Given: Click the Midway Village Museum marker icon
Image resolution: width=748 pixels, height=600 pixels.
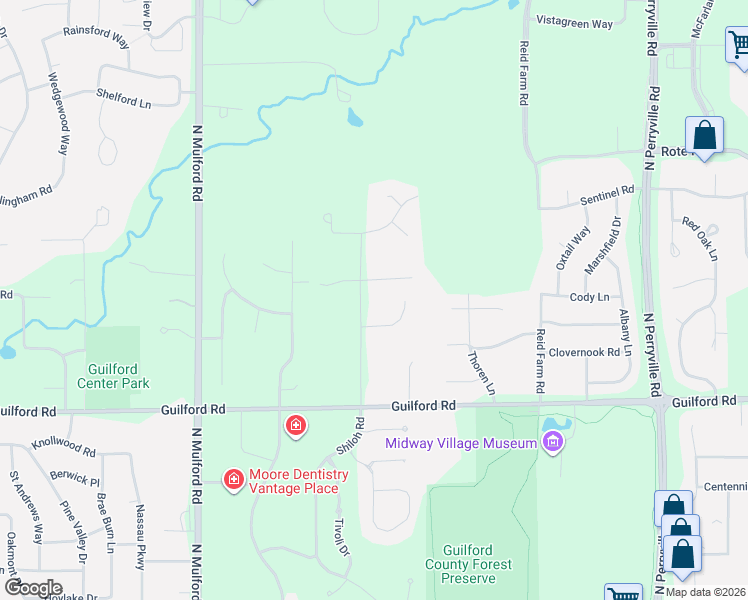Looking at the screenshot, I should tap(552, 440).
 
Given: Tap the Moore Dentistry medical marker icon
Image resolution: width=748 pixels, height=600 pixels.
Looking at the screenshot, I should tap(233, 481).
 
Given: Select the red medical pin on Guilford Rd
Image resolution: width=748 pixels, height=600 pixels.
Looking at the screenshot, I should tap(295, 427).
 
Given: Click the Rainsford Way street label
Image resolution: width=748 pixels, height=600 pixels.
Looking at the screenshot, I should tap(96, 37).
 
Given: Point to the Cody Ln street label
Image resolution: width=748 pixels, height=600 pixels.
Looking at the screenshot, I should tap(589, 297).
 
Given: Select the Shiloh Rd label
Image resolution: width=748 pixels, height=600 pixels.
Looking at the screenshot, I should tap(347, 437).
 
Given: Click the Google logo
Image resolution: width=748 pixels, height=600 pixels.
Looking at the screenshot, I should tap(33, 588).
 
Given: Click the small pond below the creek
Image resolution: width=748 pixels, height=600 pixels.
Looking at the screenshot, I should tap(354, 119).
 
